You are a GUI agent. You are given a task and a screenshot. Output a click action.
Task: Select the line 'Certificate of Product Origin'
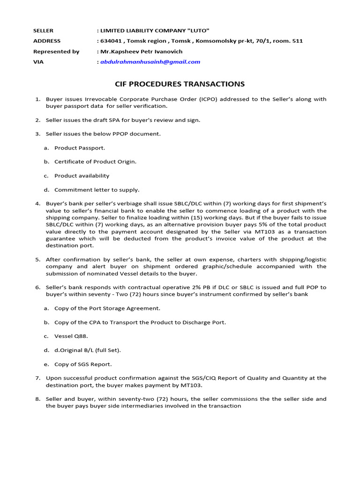click(x=95, y=162)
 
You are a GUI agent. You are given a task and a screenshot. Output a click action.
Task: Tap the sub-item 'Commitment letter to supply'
click(x=97, y=190)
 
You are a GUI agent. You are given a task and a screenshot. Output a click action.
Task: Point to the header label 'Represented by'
click(x=56, y=52)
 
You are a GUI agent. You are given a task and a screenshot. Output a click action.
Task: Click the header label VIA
click(x=38, y=62)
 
